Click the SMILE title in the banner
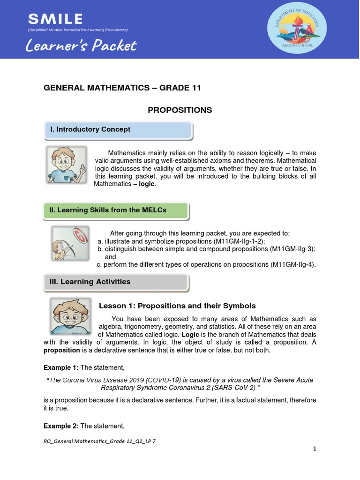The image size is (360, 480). pyautogui.click(x=55, y=19)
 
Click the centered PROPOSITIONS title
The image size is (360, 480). pyautogui.click(x=180, y=110)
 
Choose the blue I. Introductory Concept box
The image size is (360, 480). pyautogui.click(x=118, y=130)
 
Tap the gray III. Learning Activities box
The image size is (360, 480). pyautogui.click(x=116, y=282)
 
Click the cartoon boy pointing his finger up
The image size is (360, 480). pyautogui.click(x=67, y=165)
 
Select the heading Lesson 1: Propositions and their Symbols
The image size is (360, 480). pyautogui.click(x=177, y=306)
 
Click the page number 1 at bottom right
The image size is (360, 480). pyautogui.click(x=315, y=449)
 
